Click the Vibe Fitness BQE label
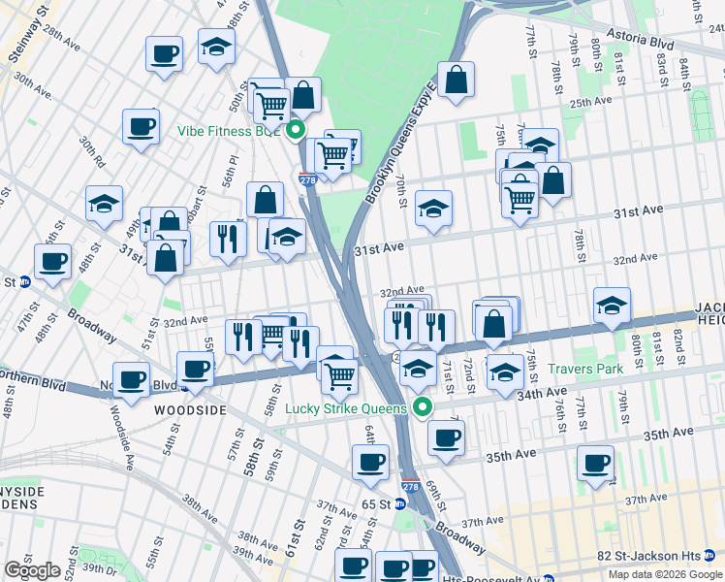pyautogui.click(x=228, y=131)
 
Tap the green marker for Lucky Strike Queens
pyautogui.click(x=422, y=407)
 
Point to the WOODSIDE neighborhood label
pyautogui.click(x=190, y=410)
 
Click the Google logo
pyautogui.click(x=32, y=570)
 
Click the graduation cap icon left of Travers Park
pyautogui.click(x=504, y=372)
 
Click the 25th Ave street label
pyautogui.click(x=590, y=102)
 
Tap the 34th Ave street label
pyautogui.click(x=542, y=395)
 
